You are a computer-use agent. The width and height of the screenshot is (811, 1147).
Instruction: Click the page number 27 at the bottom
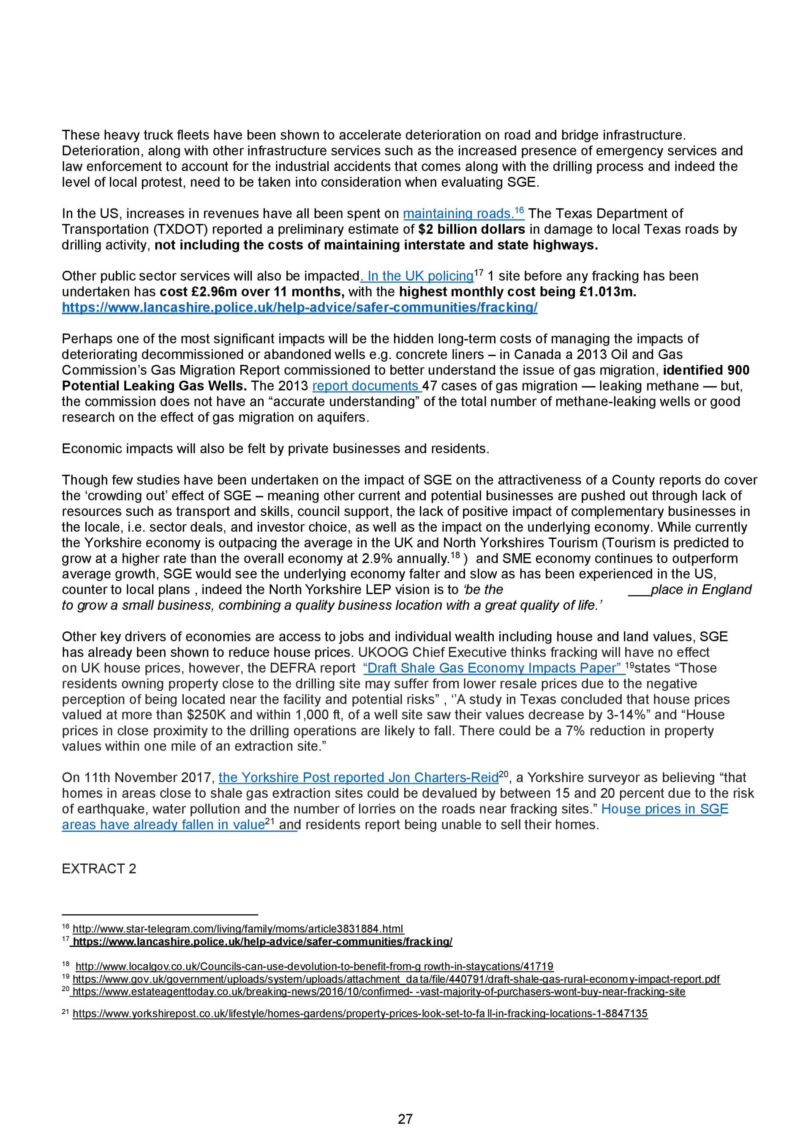[405, 1119]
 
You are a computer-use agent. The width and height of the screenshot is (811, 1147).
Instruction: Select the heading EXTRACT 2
[99, 868]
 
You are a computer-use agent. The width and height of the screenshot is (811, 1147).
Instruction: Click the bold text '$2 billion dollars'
[472, 229]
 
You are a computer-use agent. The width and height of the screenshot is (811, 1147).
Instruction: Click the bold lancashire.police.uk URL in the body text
[299, 308]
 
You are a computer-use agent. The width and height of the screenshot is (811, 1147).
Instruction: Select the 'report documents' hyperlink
[366, 386]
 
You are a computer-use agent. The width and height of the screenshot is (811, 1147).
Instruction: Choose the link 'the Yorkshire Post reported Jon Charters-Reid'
[358, 777]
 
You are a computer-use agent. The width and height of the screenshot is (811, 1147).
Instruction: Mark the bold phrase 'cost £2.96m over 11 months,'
[252, 292]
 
